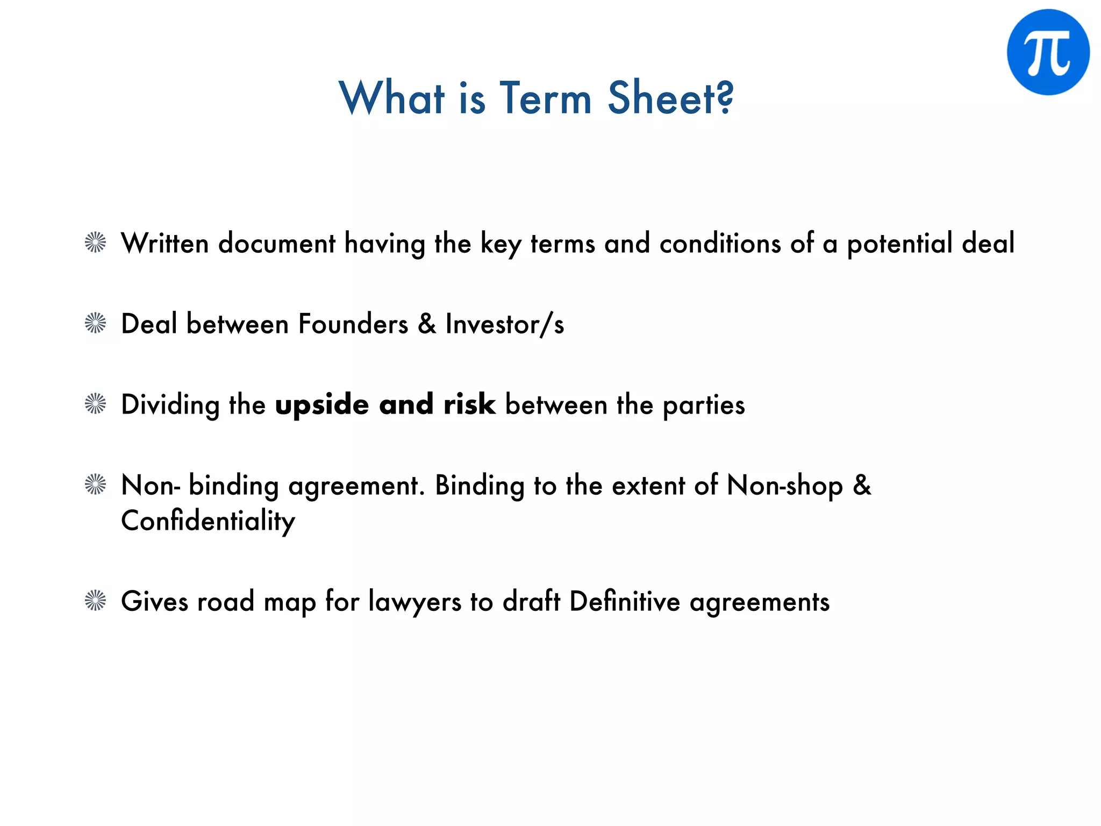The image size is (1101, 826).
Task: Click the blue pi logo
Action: point(1048,52)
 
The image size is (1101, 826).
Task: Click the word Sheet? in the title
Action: point(670,98)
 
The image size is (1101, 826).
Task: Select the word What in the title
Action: point(392,98)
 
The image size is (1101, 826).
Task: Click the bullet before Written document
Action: point(96,243)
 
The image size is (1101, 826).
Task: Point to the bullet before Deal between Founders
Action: point(96,323)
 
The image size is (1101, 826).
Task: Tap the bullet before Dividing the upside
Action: point(96,404)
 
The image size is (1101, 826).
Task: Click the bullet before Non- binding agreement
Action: point(96,485)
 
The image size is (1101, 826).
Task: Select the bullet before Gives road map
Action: point(96,601)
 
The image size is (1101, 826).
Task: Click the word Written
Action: point(165,243)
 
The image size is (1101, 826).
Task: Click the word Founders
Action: point(353,324)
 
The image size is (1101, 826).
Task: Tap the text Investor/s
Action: point(505,324)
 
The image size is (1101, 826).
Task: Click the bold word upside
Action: point(322,405)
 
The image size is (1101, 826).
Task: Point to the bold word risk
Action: point(469,404)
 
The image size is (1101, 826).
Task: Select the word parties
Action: point(704,405)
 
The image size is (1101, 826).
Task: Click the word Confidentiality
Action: point(208,521)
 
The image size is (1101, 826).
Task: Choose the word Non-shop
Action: point(784,486)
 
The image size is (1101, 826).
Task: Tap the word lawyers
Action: point(414,602)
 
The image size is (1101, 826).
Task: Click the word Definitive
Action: point(625,601)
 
